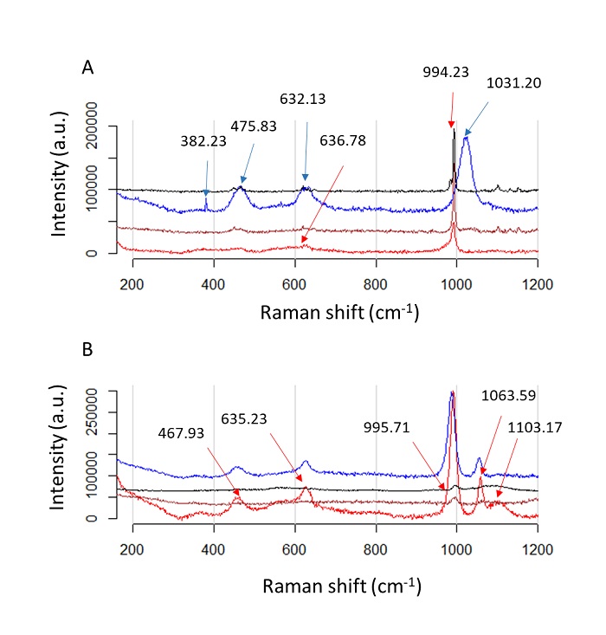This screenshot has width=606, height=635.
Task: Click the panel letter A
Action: [x=87, y=66]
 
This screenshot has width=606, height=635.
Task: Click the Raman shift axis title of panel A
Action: [x=339, y=313]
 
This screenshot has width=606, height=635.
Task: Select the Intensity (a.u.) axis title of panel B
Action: [x=61, y=455]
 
